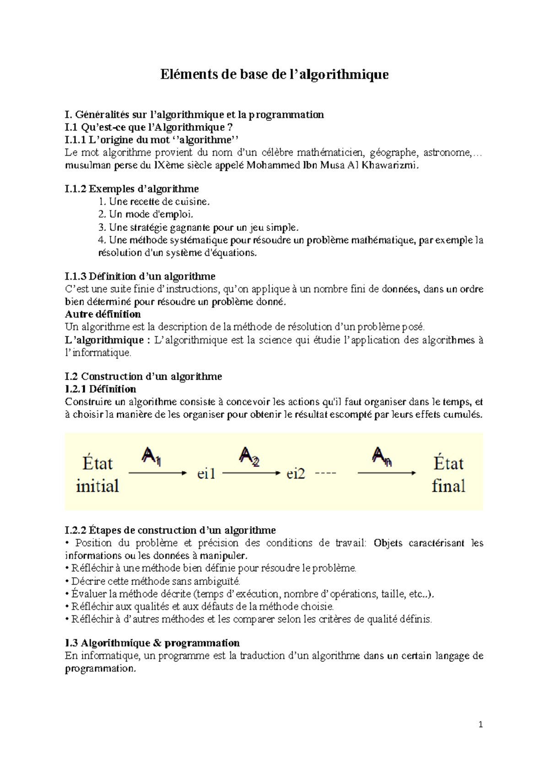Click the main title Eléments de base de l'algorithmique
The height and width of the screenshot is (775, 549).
pyautogui.click(x=274, y=74)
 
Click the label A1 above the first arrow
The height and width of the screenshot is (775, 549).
pyautogui.click(x=151, y=457)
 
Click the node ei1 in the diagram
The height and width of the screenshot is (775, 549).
pyautogui.click(x=206, y=474)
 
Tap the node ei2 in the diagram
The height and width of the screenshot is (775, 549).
pyautogui.click(x=296, y=474)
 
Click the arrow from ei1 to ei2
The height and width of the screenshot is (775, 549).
pyautogui.click(x=251, y=473)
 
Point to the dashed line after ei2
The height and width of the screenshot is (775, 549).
pyautogui.click(x=326, y=473)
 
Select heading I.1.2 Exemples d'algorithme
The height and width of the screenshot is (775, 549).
pyautogui.click(x=132, y=189)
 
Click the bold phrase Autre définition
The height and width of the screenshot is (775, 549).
pyautogui.click(x=103, y=314)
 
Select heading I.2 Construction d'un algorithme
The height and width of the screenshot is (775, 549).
pyautogui.click(x=143, y=377)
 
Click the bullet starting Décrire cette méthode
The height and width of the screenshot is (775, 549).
pyautogui.click(x=156, y=581)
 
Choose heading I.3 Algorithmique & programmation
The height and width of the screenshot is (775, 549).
pyautogui.click(x=152, y=643)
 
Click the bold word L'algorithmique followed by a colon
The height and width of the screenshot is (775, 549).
pyautogui.click(x=104, y=340)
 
